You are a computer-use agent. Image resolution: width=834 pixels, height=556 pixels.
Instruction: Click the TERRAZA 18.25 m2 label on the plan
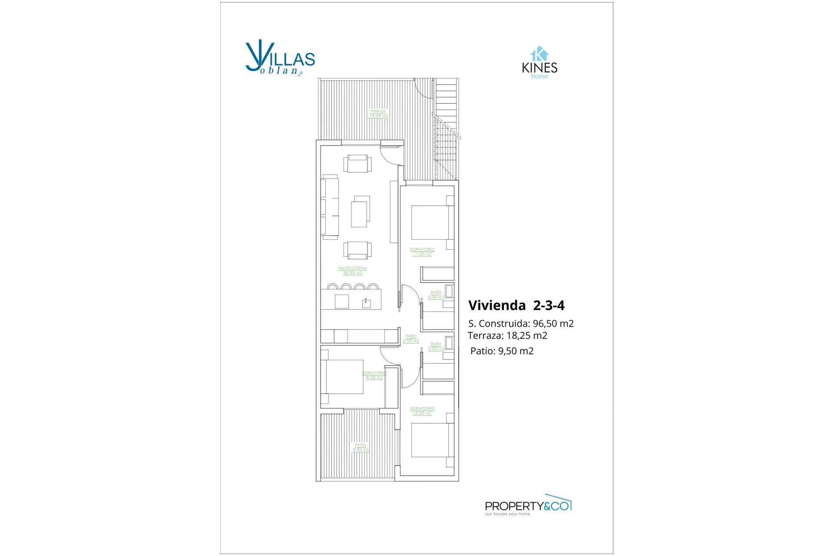tap(378, 114)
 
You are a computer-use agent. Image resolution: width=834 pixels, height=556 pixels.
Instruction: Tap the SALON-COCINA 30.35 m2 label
tap(352, 270)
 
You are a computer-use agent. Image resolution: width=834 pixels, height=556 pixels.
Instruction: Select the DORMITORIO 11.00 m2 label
tap(422, 252)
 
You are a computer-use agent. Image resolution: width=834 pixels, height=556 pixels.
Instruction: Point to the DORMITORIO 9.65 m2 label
tap(374, 375)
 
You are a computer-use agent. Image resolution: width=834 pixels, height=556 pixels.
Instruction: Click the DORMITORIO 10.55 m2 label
tap(422, 410)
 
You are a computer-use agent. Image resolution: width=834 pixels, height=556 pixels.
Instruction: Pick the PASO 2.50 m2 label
tap(410, 338)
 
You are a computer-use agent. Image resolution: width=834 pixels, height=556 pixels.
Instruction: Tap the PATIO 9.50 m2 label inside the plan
tap(360, 447)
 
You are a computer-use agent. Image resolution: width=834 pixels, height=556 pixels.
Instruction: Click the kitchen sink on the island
tap(366, 303)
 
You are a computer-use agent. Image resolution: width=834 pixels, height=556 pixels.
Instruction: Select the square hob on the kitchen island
tap(342, 301)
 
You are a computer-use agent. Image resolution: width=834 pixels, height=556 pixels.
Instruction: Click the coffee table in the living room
tap(360, 212)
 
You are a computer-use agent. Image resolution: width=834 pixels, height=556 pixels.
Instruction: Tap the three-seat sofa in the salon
tap(330, 207)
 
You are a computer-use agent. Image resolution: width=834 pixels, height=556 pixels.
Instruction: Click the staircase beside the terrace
tap(446, 130)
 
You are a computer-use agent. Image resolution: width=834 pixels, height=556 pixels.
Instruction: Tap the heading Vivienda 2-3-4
tap(516, 305)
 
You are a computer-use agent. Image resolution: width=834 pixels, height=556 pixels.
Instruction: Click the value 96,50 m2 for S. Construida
tap(554, 324)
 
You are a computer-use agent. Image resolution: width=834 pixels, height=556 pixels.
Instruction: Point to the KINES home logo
tap(539, 63)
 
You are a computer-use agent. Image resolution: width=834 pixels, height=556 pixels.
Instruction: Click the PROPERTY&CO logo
tap(528, 506)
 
